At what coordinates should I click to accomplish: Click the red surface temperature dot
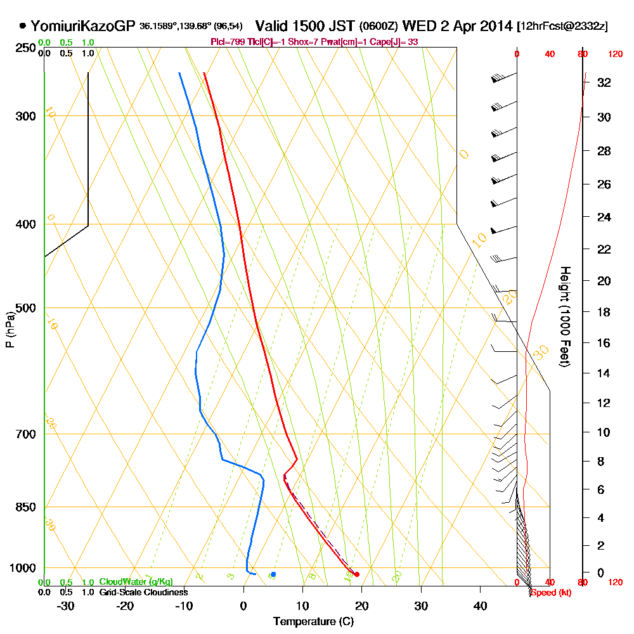[x=357, y=574]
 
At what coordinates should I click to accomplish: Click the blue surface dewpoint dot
[x=273, y=574]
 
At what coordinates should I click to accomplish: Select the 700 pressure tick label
[x=26, y=434]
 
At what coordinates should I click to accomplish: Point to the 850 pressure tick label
[x=26, y=507]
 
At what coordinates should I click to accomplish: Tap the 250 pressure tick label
[x=26, y=48]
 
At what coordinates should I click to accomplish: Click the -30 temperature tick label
[x=65, y=605]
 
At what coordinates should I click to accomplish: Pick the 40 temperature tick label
[x=480, y=605]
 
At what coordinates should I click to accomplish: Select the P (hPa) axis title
[x=10, y=330]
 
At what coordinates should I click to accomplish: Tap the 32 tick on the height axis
[x=604, y=82]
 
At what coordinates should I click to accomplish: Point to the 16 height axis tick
[x=604, y=343]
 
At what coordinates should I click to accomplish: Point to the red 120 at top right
[x=614, y=55]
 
